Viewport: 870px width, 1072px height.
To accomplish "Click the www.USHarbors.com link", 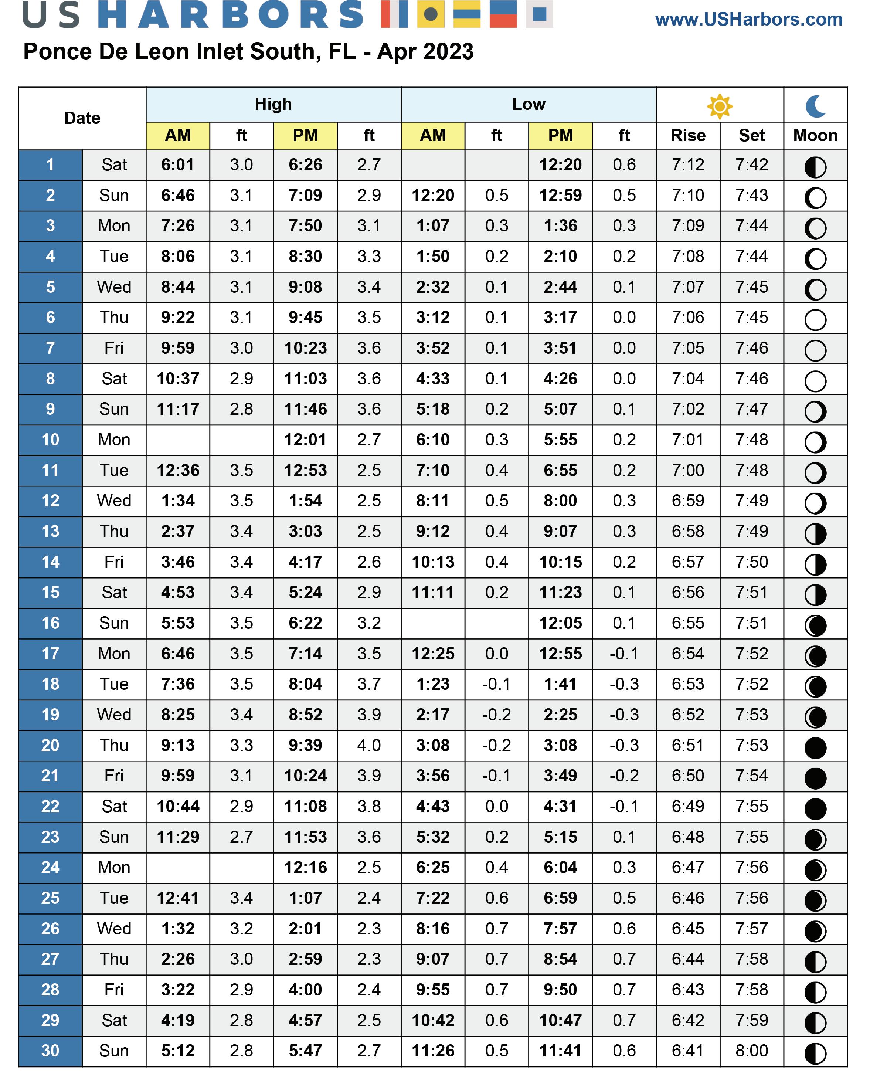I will coord(748,20).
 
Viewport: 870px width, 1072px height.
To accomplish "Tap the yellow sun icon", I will coord(720,106).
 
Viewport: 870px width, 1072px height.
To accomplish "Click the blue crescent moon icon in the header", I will coord(815,106).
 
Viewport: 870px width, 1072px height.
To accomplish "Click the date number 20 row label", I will coord(50,745).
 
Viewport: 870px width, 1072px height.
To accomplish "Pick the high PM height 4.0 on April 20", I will coord(369,745).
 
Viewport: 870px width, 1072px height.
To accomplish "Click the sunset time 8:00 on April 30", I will coord(751,1051).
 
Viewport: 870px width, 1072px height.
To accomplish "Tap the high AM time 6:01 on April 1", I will coord(177,165).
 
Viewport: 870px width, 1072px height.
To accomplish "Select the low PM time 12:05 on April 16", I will coord(560,623).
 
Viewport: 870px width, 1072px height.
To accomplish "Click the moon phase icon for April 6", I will coord(815,320).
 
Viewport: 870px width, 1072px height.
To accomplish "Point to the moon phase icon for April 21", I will coord(815,778).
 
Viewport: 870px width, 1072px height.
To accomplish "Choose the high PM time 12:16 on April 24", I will coord(305,868).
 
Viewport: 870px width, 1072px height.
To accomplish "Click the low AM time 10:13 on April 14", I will coord(433,562).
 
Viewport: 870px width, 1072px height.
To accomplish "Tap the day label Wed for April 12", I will coord(114,501).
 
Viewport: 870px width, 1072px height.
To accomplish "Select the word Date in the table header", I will coord(82,118).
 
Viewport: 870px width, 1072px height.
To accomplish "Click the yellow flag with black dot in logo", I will coord(431,14).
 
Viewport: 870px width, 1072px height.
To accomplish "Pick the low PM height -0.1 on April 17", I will coord(624,654).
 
